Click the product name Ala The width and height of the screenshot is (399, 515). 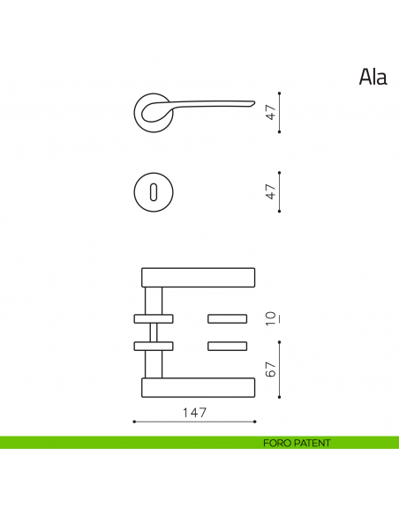[373, 78]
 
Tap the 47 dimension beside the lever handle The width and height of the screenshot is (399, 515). [272, 112]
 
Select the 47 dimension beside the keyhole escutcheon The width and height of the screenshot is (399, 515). [272, 190]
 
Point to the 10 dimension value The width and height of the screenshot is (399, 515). [272, 317]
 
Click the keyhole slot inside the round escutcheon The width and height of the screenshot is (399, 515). [155, 190]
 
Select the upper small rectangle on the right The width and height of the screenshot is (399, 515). [228, 317]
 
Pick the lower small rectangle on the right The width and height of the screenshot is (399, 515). [228, 345]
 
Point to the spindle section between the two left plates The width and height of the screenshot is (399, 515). [154, 332]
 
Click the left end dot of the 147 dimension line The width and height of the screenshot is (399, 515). [133, 422]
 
